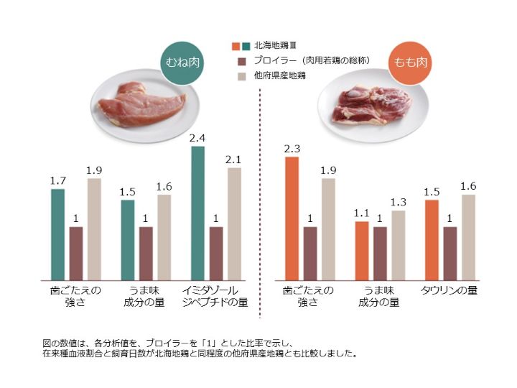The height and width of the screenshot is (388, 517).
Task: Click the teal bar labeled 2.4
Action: [197, 213]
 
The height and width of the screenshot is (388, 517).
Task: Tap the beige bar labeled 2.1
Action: [234, 223]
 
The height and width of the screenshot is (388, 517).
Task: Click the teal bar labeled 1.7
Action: [57, 234]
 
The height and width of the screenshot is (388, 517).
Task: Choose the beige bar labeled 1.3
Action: [399, 244]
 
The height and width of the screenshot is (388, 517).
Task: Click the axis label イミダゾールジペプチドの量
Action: [216, 296]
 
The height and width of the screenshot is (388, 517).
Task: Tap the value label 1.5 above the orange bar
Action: [432, 192]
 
